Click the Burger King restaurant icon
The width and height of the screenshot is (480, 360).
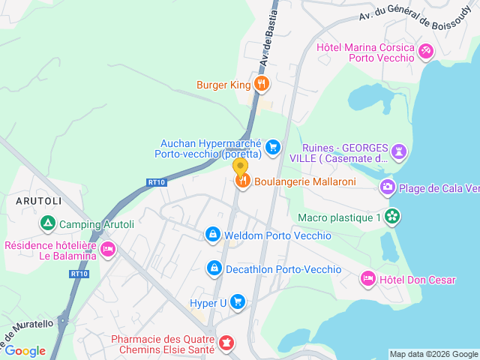(261, 85)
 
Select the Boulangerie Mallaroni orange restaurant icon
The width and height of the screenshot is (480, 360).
(242, 181)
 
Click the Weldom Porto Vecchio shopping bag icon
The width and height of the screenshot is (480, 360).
(213, 235)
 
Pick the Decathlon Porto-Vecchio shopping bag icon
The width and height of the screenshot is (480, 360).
(214, 268)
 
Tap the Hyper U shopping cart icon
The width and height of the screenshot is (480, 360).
(238, 302)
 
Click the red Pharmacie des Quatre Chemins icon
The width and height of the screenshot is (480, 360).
(226, 343)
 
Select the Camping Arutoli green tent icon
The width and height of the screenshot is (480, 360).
(48, 223)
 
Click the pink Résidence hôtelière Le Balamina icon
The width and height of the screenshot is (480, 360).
(108, 249)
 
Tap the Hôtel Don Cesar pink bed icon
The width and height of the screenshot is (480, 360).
(367, 279)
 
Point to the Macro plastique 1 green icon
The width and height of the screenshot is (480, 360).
(391, 217)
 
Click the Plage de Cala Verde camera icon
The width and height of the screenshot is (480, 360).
(388, 187)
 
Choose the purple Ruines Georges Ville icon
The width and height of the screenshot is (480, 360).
(400, 152)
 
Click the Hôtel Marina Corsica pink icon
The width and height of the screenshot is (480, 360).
(426, 51)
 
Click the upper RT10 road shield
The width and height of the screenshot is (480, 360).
(156, 181)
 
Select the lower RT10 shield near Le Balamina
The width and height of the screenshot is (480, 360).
(79, 274)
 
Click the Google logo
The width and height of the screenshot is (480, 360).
(25, 350)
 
